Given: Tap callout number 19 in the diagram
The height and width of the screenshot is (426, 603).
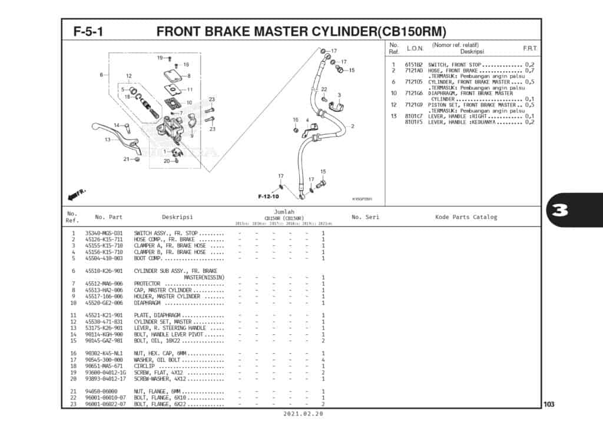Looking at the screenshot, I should (x=160, y=58).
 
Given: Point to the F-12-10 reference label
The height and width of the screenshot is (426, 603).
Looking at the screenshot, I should (x=268, y=196).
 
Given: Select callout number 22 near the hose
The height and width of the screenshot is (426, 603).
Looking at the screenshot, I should (x=324, y=89).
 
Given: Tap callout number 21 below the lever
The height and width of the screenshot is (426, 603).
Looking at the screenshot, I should (x=126, y=159).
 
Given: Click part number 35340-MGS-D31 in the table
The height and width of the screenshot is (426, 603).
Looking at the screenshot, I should (x=104, y=233).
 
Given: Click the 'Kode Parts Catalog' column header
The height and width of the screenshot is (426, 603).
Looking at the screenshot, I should (x=466, y=217).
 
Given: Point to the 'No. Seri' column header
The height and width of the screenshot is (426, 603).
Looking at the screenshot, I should (x=365, y=217).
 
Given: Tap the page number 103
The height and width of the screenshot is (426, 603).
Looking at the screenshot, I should (x=549, y=404).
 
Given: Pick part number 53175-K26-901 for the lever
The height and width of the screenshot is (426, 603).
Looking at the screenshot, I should (x=104, y=328).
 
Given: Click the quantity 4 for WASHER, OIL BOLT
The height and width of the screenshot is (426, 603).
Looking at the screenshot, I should (x=323, y=360).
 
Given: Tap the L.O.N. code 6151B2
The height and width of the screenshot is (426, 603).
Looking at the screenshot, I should (x=413, y=65).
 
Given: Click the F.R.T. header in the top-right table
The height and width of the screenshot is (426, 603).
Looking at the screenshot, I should (x=529, y=48).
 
